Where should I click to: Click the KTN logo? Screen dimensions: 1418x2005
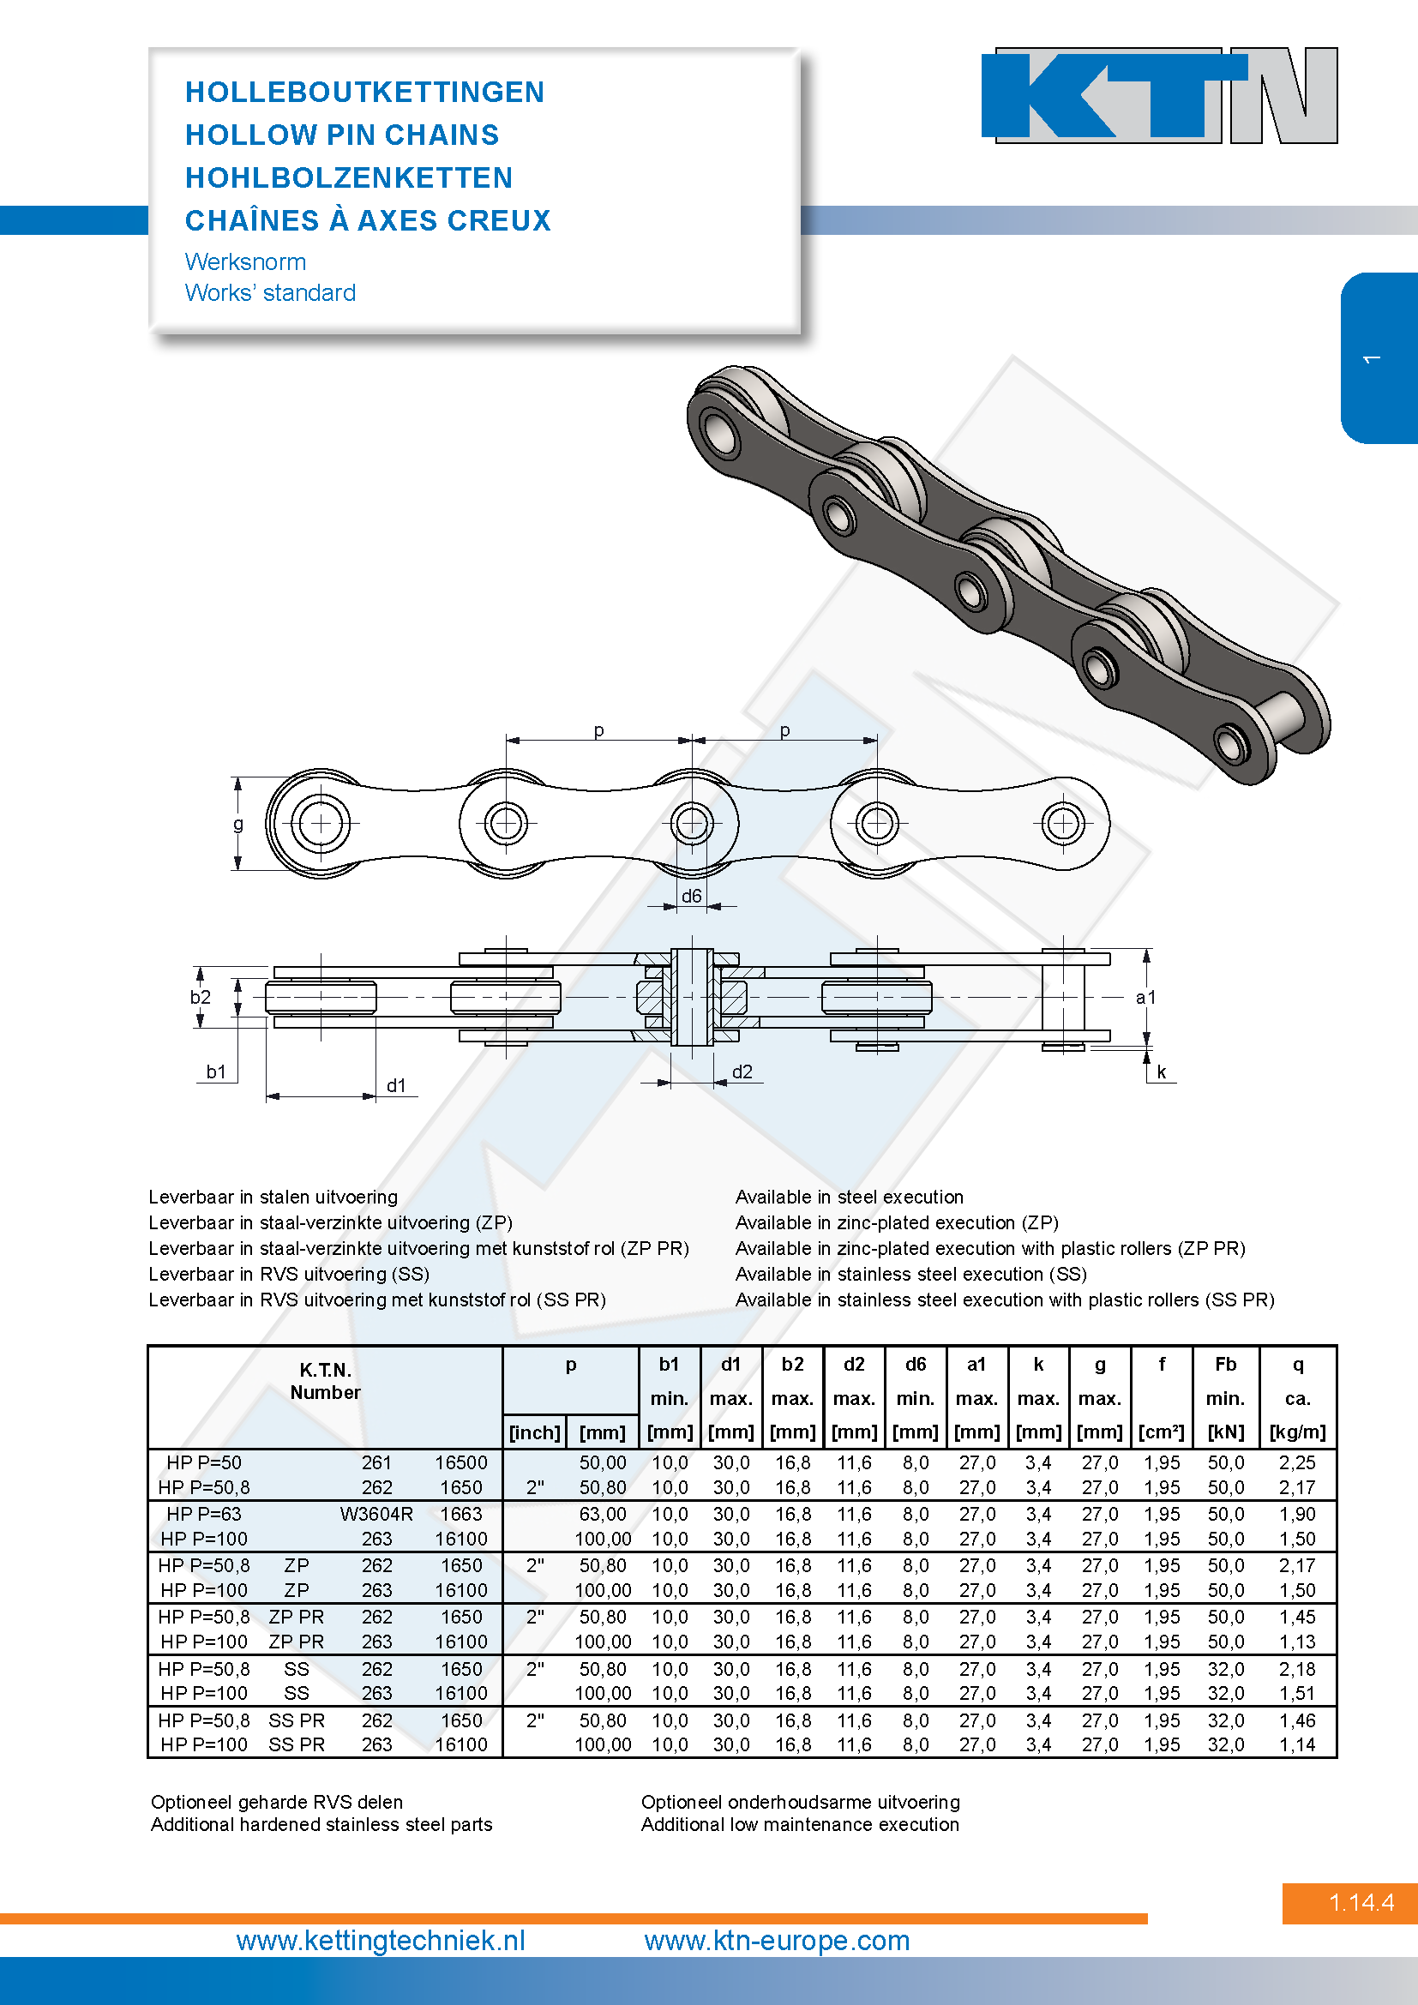pyautogui.click(x=1160, y=95)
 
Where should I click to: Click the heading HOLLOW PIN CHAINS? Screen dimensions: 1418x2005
pyautogui.click(x=342, y=135)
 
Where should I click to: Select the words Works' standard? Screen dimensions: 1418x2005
pyautogui.click(x=271, y=292)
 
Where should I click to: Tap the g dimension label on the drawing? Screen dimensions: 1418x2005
pyautogui.click(x=237, y=824)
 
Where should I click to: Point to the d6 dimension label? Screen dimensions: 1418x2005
pyautogui.click(x=692, y=896)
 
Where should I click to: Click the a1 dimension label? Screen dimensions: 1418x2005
pyautogui.click(x=1145, y=997)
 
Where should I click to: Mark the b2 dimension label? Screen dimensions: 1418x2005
pyautogui.click(x=201, y=997)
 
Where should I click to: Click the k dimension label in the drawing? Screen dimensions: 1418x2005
pyautogui.click(x=1162, y=1072)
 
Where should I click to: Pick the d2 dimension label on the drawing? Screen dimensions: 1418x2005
pyautogui.click(x=742, y=1072)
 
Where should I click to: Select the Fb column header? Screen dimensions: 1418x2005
pyautogui.click(x=1225, y=1364)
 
